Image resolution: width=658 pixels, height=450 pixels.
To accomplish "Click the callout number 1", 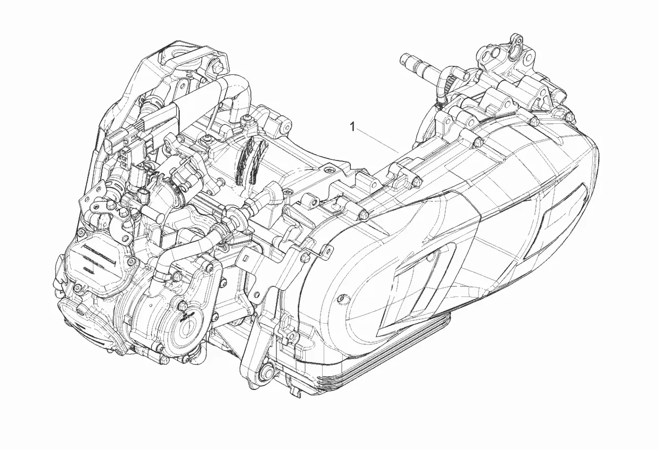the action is point(352,128).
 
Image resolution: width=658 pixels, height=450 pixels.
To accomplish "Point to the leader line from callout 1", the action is point(377,141).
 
